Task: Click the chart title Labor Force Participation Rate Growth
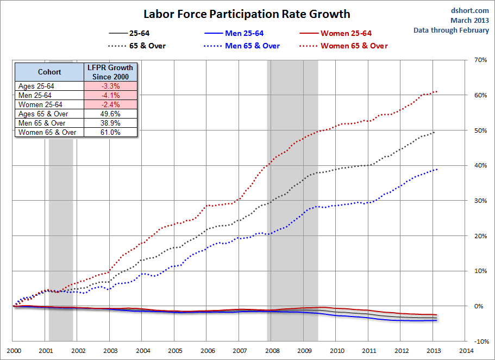[x=247, y=14]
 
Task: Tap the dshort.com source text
[x=470, y=10]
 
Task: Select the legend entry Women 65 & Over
[x=354, y=46]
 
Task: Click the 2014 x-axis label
[x=465, y=351]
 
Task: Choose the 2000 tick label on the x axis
[x=14, y=351]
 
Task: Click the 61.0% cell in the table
[x=111, y=132]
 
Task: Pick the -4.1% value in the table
[x=111, y=95]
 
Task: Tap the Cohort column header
[x=49, y=72]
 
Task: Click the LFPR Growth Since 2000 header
[x=111, y=72]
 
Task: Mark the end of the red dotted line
[x=437, y=91]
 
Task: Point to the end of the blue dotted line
[x=437, y=169]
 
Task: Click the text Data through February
[x=451, y=30]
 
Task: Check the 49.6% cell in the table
[x=111, y=114]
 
